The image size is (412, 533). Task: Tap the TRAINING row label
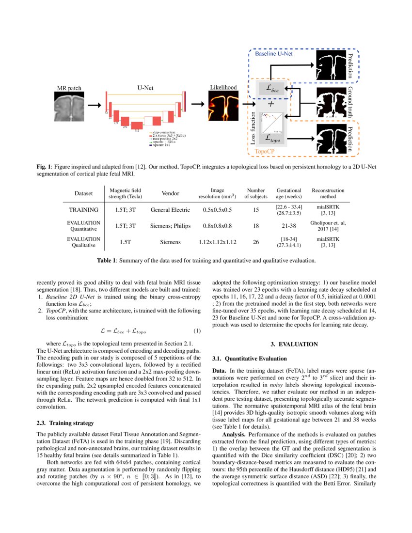tap(83, 210)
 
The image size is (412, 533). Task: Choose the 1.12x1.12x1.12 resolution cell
tap(218, 242)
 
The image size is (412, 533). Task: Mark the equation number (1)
tap(196, 331)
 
